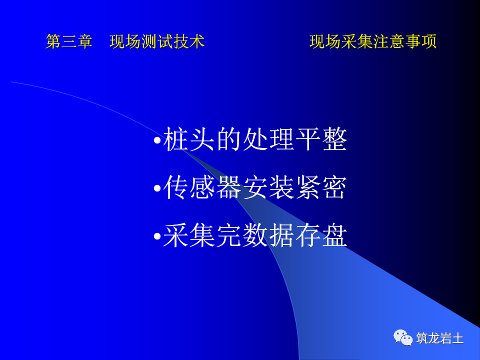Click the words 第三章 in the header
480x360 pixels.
69,41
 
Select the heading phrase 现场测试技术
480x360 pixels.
157,41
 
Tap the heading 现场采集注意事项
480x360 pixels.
373,41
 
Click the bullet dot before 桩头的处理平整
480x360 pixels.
157,141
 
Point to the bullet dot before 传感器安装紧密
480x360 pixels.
157,189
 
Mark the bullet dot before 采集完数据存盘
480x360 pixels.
157,237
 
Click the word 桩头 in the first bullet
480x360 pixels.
189,140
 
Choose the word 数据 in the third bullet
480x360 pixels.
268,236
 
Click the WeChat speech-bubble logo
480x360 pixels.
403,338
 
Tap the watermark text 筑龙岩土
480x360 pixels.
440,338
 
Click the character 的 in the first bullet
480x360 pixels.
229,140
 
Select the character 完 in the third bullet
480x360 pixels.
229,236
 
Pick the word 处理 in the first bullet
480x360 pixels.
268,140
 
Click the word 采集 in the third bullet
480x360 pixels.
189,236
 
